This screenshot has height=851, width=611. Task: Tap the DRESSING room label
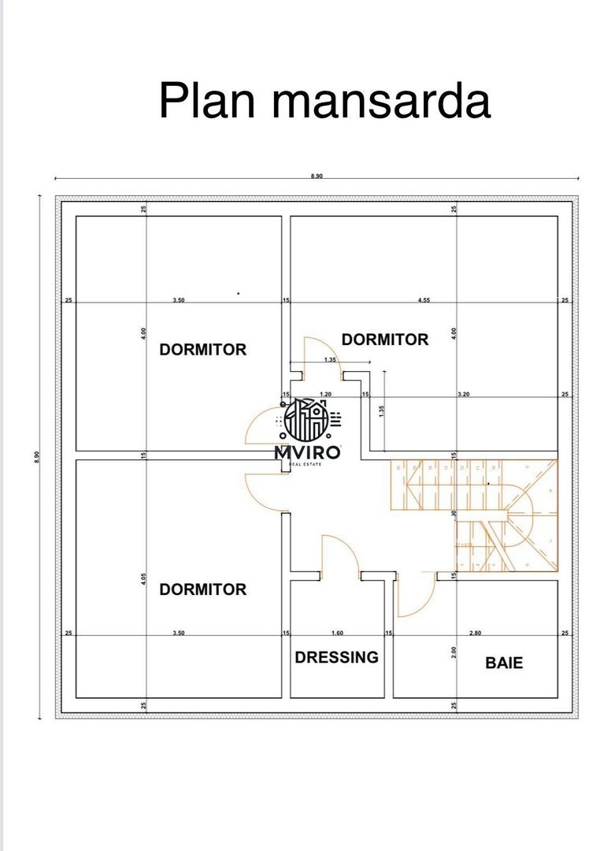(336, 657)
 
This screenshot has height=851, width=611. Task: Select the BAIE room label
(504, 663)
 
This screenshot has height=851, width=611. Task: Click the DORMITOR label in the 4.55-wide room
(385, 340)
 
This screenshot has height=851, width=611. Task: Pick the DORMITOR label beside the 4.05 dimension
(202, 589)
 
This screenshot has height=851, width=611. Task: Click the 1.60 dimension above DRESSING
(336, 633)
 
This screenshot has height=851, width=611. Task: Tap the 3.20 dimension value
(464, 393)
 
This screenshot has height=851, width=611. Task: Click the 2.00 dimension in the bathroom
(454, 652)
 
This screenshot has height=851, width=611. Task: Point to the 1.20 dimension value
(324, 393)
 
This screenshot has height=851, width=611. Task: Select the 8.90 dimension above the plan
(317, 177)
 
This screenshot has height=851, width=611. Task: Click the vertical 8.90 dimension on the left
(36, 457)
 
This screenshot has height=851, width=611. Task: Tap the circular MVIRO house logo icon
(307, 419)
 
